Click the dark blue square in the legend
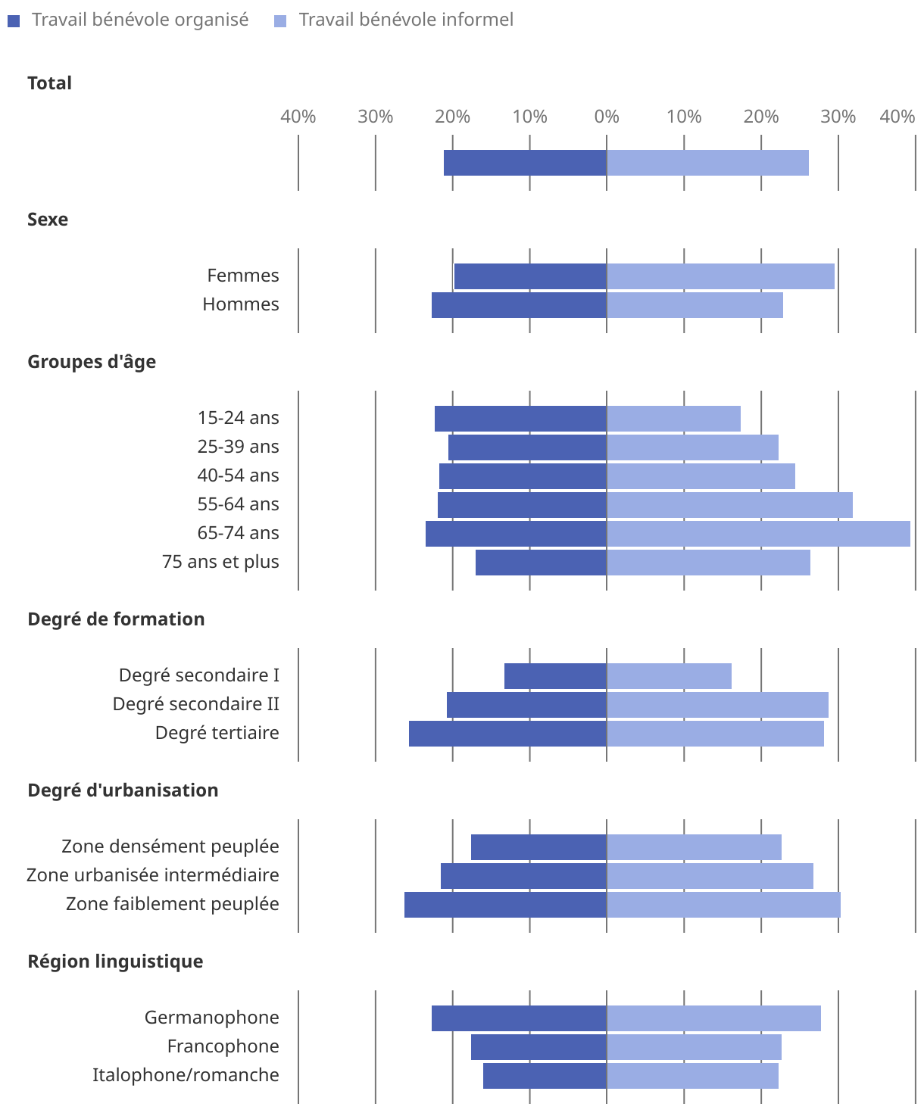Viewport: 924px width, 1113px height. [x=14, y=21]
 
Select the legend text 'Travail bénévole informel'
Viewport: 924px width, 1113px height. [x=406, y=20]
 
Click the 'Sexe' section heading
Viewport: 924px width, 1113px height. [x=48, y=220]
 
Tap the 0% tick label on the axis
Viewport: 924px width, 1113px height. [x=607, y=117]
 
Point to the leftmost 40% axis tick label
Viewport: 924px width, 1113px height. [x=298, y=117]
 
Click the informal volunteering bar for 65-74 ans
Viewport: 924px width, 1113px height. [x=758, y=534]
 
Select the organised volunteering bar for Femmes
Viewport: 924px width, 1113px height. [x=530, y=276]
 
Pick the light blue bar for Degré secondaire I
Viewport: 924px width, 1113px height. [x=669, y=676]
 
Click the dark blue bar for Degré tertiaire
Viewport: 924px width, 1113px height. [x=507, y=734]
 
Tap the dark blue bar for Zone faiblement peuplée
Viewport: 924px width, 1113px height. [x=505, y=905]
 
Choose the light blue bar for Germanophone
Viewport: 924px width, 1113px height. [x=713, y=1018]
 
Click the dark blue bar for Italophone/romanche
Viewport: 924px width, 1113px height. [x=545, y=1076]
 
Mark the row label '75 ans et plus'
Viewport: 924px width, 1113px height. [x=220, y=562]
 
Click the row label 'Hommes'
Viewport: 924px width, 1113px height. [x=241, y=304]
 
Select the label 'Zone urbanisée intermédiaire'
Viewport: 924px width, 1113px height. [x=153, y=875]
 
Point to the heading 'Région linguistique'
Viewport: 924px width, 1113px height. [x=115, y=962]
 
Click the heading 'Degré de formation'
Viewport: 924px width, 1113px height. [x=116, y=619]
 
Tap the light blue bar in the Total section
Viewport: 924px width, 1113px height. [x=707, y=163]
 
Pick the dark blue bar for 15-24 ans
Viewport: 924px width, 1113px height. [x=520, y=419]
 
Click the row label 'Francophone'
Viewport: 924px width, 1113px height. [x=223, y=1046]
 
